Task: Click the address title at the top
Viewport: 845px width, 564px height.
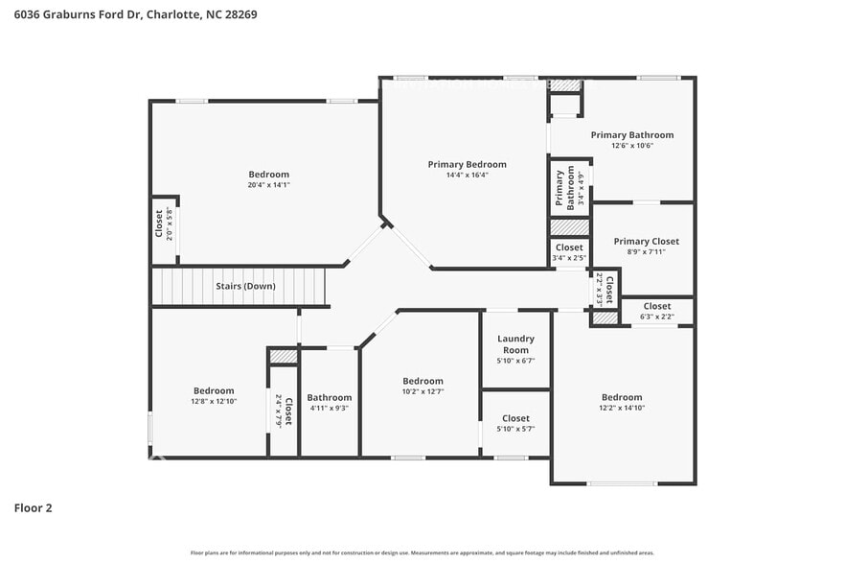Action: tap(135, 14)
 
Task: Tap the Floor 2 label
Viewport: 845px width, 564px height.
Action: tap(33, 507)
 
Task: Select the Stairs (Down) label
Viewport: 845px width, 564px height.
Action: tap(244, 286)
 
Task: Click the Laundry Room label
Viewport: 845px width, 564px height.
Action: tap(515, 344)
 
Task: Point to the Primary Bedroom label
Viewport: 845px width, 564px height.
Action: tap(467, 164)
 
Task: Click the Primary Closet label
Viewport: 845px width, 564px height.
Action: tap(646, 242)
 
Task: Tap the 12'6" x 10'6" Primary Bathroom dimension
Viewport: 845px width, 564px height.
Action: tap(631, 146)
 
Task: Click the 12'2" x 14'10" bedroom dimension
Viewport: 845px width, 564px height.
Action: tap(622, 408)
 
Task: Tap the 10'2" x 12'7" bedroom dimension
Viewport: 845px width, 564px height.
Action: tap(422, 391)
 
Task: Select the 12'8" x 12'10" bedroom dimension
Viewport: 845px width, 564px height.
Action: tap(214, 401)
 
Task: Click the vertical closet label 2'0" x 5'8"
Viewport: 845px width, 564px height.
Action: tap(165, 223)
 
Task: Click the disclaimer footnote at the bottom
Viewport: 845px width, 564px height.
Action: tap(422, 552)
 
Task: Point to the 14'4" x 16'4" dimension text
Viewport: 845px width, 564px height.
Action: tap(467, 175)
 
